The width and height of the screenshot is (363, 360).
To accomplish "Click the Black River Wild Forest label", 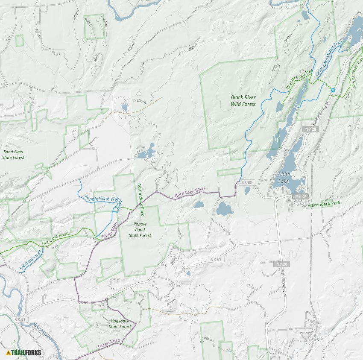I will point(243,100).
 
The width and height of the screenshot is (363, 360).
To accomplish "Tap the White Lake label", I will point(283,177).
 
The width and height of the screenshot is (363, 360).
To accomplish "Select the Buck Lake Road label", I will point(190,192).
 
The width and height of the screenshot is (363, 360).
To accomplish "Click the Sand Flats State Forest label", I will point(13,155).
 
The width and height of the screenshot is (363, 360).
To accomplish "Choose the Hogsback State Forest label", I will point(120,324).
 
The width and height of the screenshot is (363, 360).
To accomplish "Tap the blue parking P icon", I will point(333,90).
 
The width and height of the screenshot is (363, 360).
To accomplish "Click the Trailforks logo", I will point(23,352).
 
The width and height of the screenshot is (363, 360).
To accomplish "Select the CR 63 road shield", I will point(247,182).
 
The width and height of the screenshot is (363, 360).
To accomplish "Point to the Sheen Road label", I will point(109,344).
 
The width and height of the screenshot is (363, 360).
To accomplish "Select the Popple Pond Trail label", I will point(102,199).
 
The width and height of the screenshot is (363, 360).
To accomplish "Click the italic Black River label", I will point(43,332).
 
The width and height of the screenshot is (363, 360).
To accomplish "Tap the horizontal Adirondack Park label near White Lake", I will point(324,204).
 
